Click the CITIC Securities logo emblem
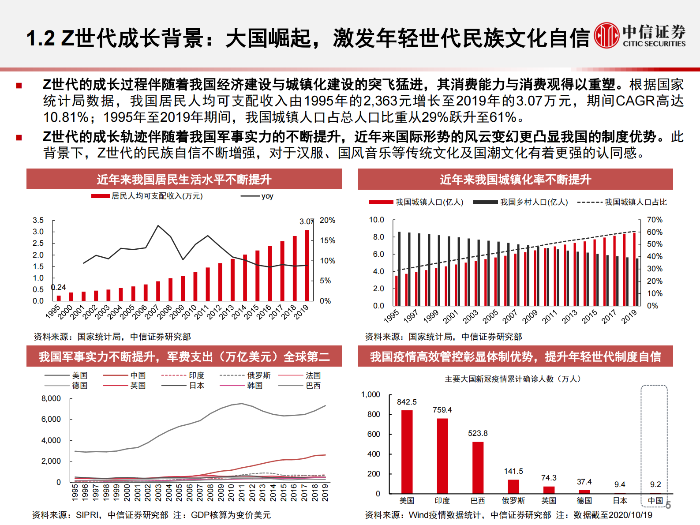tap(606, 35)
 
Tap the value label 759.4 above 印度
tap(442, 410)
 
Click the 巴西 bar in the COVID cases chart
tap(478, 467)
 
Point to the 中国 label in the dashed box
tap(655, 501)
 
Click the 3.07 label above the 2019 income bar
tap(307, 221)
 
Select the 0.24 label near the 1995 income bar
tap(59, 287)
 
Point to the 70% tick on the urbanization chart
tap(654, 220)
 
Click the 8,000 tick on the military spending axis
tap(51, 398)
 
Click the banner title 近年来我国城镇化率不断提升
tap(515, 180)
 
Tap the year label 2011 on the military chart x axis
tap(242, 492)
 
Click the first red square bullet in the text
tap(19, 85)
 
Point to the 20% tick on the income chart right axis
tap(327, 220)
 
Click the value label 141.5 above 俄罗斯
tap(513, 471)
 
